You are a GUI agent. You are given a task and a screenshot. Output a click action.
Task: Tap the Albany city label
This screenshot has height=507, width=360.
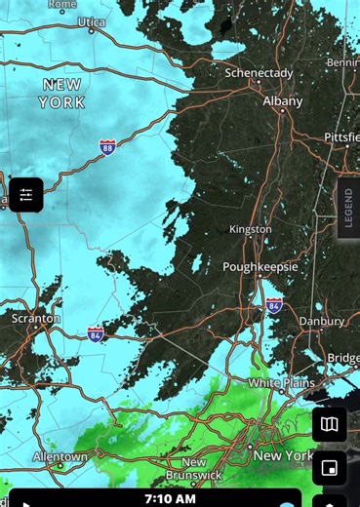tap(282, 100)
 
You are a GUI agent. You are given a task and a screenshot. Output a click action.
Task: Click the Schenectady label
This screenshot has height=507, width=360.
tap(260, 73)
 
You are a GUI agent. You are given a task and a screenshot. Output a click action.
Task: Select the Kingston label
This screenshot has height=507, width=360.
tap(250, 229)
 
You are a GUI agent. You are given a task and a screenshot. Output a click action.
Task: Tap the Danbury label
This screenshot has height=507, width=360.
tap(321, 321)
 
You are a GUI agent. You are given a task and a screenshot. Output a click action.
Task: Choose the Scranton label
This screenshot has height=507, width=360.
tap(35, 318)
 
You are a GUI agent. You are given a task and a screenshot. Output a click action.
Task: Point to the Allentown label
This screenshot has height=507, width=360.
tap(60, 455)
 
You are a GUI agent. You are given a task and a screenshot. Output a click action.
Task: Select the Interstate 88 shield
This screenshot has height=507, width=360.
tap(107, 147)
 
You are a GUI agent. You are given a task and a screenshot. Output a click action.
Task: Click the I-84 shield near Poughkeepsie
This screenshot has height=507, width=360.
tap(274, 304)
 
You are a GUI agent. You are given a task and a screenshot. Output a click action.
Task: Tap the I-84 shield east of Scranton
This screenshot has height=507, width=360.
tap(96, 333)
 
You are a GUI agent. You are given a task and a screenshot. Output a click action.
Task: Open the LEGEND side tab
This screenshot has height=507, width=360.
tap(348, 208)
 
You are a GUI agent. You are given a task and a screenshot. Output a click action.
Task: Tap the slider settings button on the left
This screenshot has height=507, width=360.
tap(25, 195)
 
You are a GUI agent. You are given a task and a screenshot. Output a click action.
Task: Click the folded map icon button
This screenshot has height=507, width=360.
tap(330, 424)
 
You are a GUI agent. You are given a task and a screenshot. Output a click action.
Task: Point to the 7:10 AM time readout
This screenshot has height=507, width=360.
tap(170, 498)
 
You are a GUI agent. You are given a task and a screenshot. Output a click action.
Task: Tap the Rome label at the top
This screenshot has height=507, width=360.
tap(62, 4)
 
